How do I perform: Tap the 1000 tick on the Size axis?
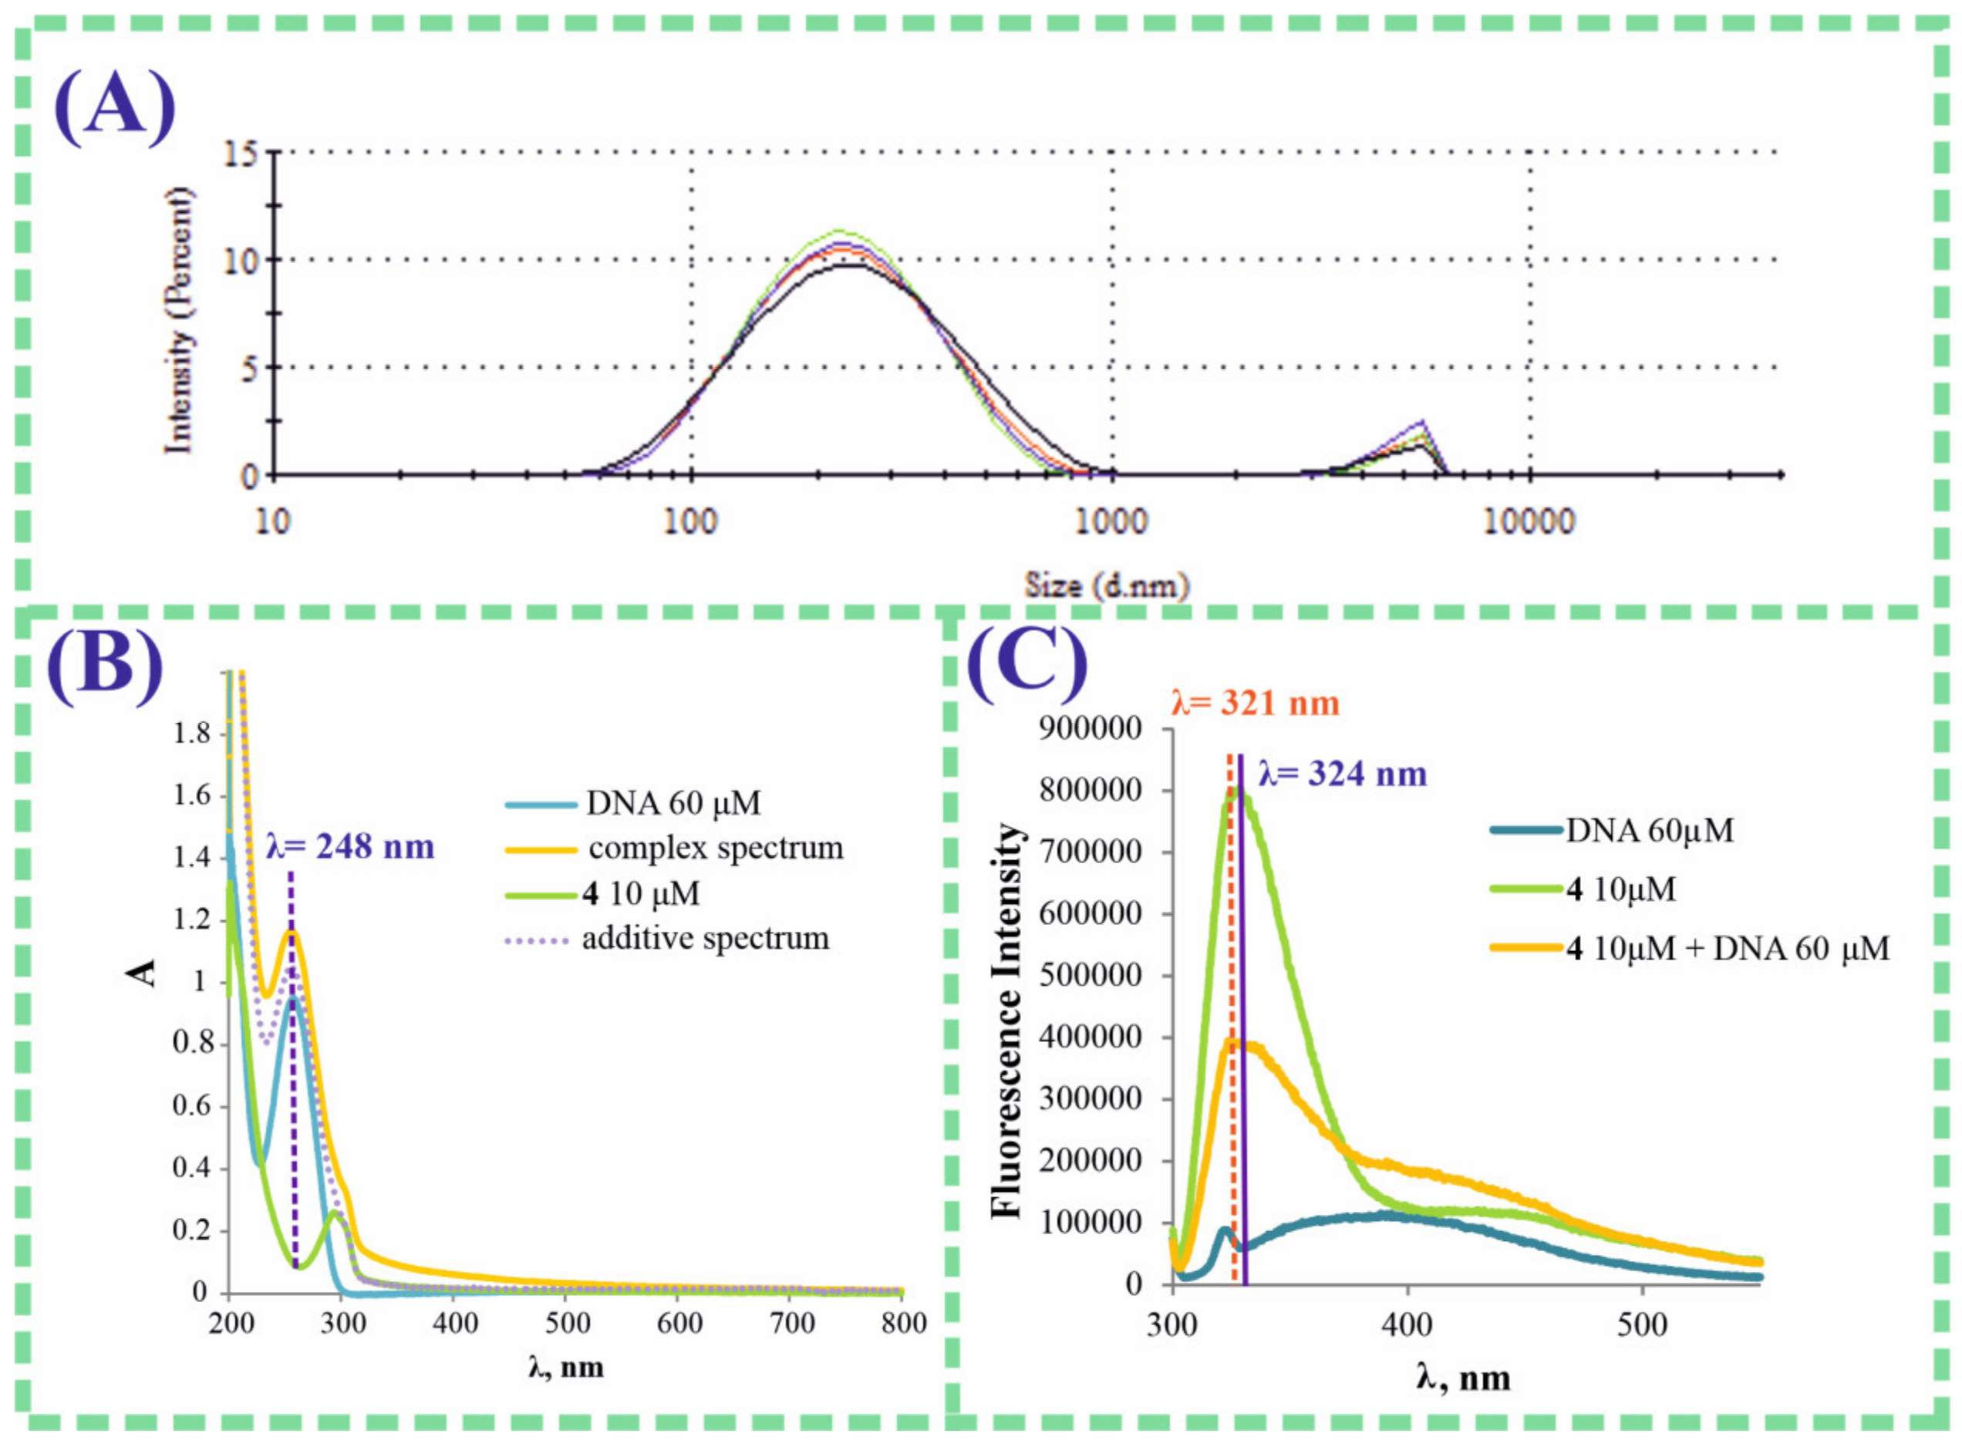pyautogui.click(x=1111, y=522)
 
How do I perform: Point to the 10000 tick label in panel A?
pyautogui.click(x=1529, y=522)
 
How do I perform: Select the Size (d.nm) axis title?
pyautogui.click(x=1107, y=585)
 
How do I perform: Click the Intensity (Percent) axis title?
pyautogui.click(x=180, y=321)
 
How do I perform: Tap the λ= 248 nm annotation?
pyautogui.click(x=349, y=846)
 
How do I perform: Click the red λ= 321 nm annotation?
pyautogui.click(x=1254, y=703)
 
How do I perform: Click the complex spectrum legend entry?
pyautogui.click(x=715, y=848)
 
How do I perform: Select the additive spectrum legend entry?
pyautogui.click(x=704, y=939)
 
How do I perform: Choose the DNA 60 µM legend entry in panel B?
pyautogui.click(x=673, y=802)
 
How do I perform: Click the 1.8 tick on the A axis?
pyautogui.click(x=192, y=734)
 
